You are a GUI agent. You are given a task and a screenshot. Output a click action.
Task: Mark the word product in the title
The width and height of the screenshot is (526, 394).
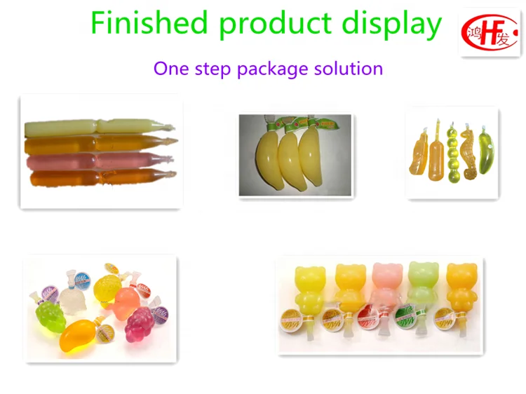(276, 25)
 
